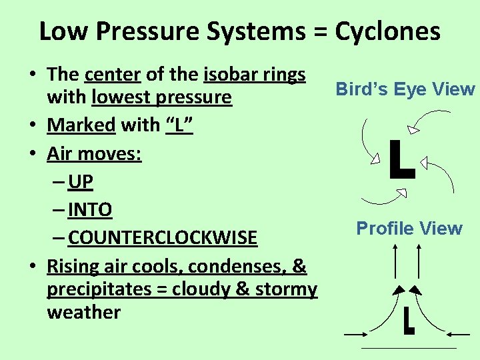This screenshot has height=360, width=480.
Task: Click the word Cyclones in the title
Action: pos(387,31)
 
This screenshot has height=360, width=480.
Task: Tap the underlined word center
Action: pos(108,75)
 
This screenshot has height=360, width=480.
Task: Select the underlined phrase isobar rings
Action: pos(254,75)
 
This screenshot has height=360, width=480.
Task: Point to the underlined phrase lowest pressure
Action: pos(161,98)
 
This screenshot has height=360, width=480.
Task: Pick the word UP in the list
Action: pos(81,181)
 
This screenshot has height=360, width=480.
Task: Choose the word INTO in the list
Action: pos(90,210)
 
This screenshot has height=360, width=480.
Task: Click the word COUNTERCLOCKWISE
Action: pos(163,238)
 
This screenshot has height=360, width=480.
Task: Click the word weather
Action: pos(83,312)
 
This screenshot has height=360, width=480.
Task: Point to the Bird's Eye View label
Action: pos(405,89)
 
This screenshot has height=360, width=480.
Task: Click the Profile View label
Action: pos(409,229)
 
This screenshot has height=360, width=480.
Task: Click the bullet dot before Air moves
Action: pos(33,154)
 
